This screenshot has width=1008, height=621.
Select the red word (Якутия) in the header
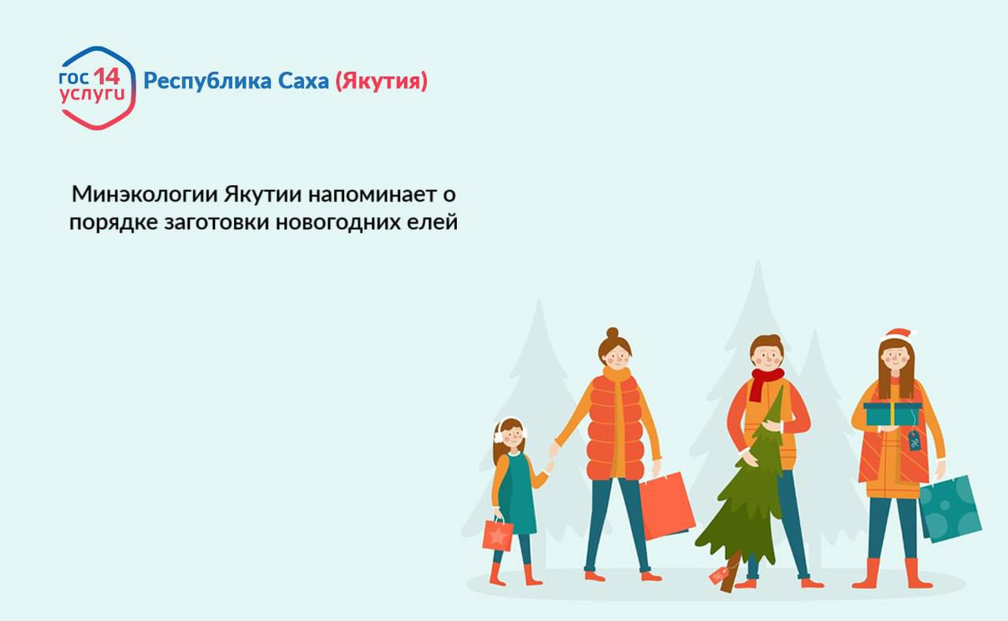(381, 81)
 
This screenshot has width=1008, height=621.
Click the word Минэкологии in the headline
(144, 194)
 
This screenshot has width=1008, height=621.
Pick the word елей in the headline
(433, 222)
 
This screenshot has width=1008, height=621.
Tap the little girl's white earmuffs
(498, 432)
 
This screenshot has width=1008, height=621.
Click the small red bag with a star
(498, 535)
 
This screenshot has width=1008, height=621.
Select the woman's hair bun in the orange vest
(613, 334)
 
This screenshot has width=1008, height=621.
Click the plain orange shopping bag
(667, 505)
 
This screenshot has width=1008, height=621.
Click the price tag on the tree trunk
(720, 575)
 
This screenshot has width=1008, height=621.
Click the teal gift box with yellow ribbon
(892, 414)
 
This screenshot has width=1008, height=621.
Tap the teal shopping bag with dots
(951, 508)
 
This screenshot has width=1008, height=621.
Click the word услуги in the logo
(92, 95)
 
